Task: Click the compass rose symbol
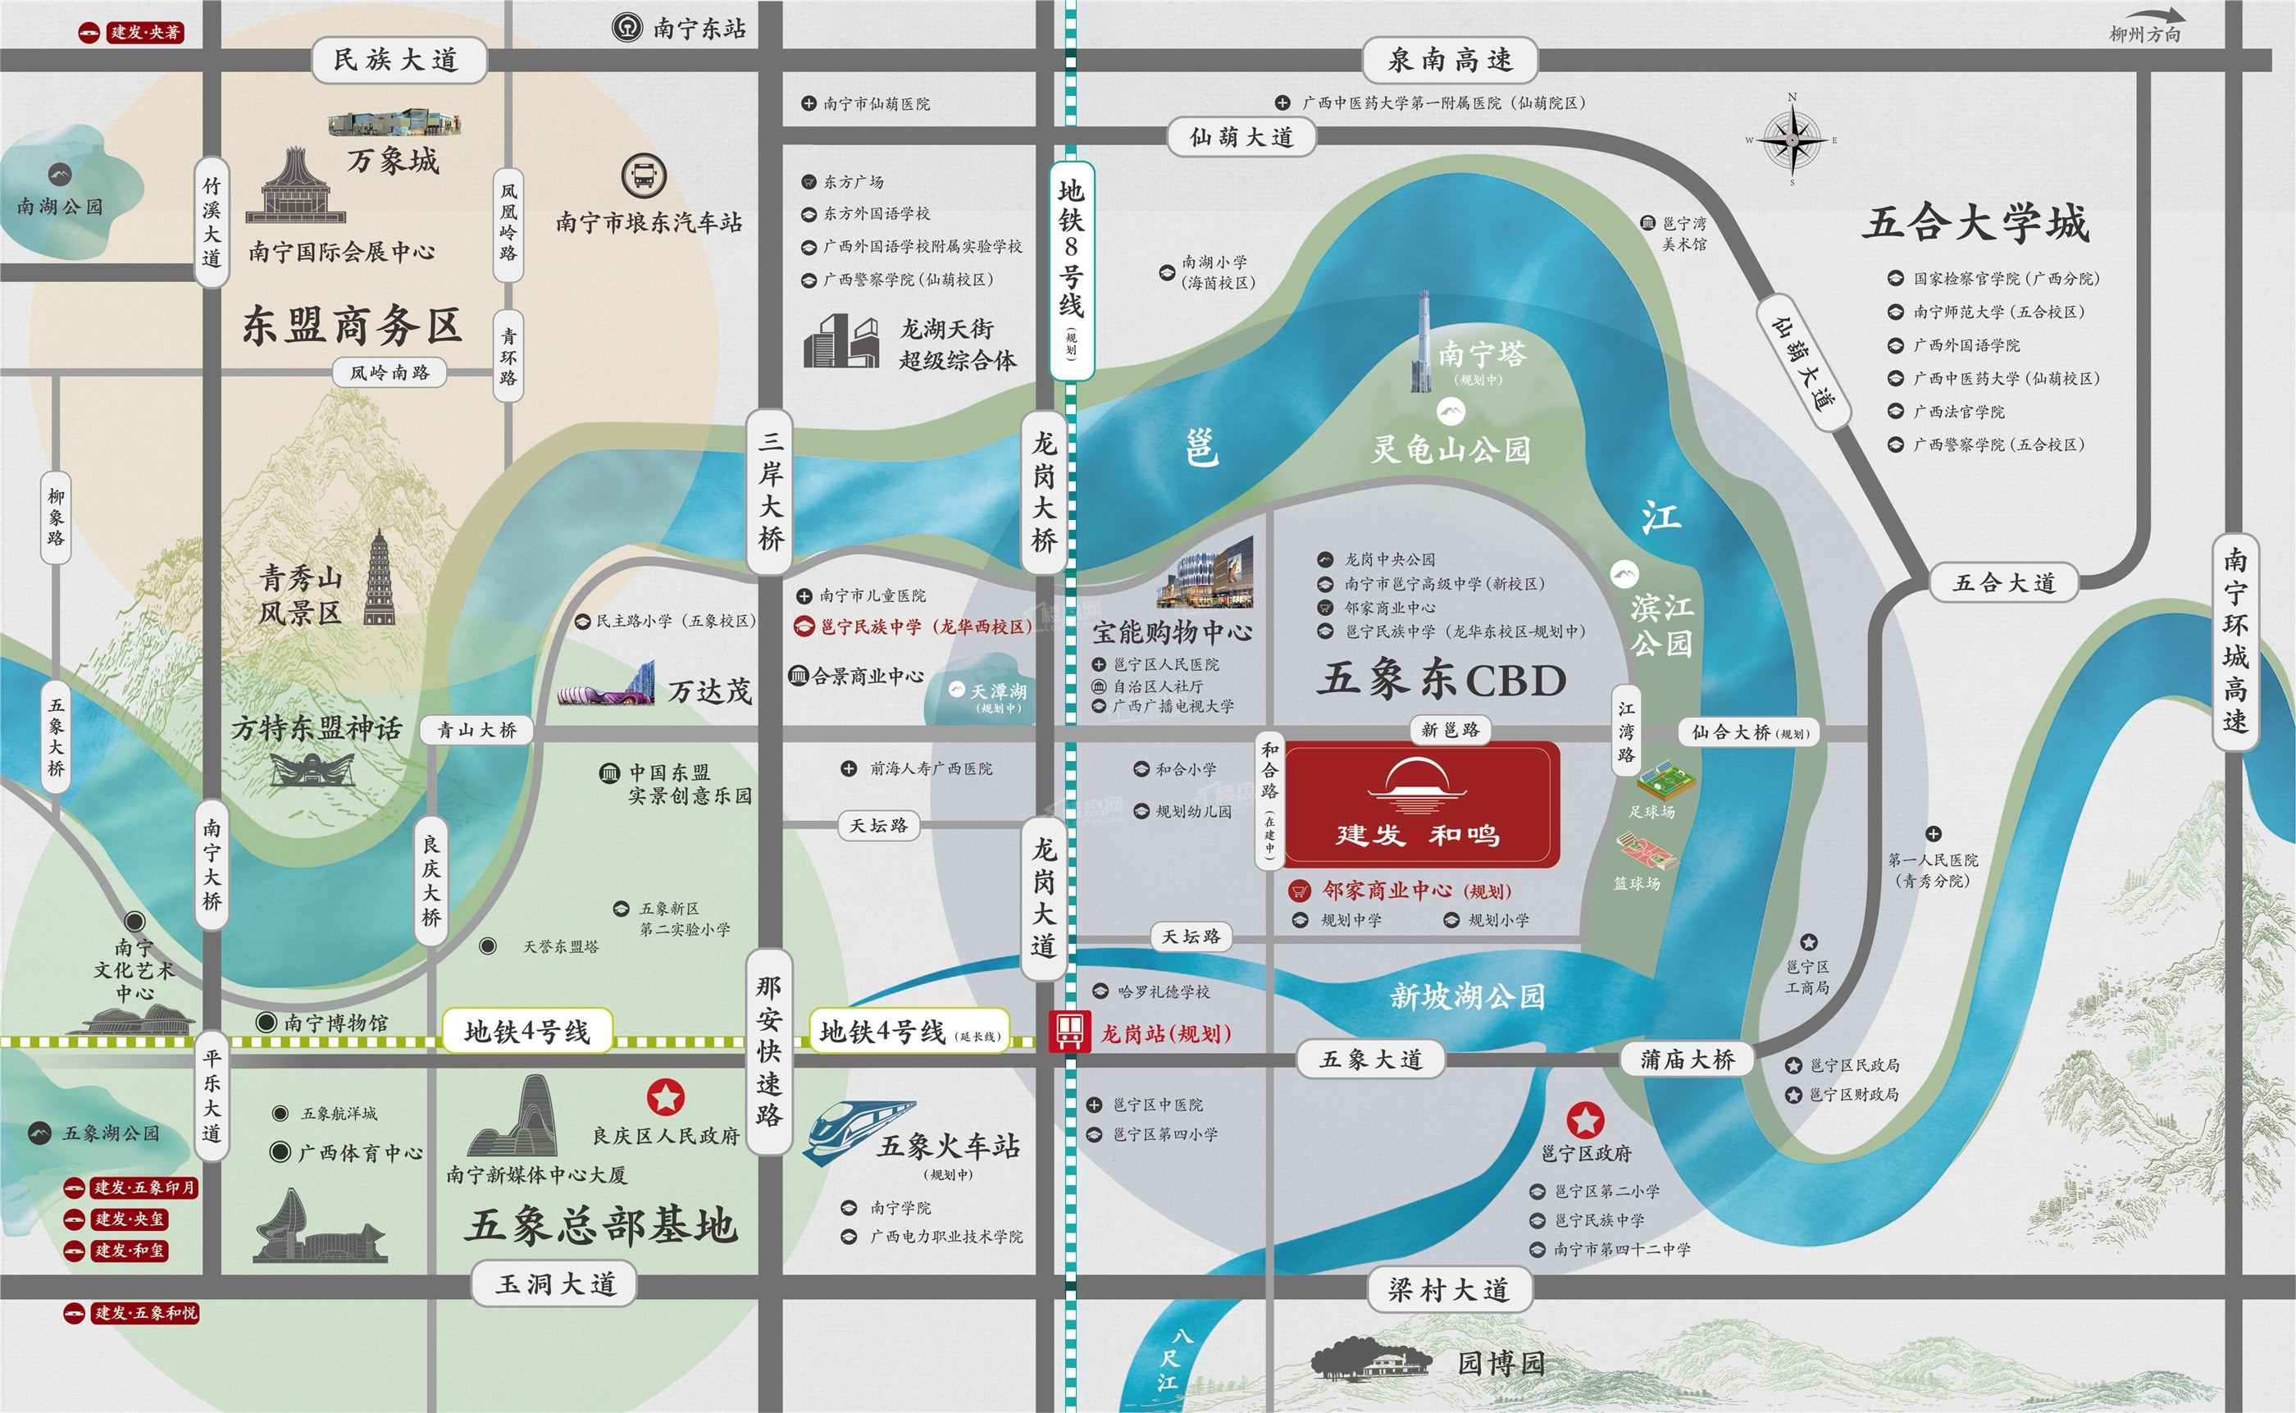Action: (1792, 140)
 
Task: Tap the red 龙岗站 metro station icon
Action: (1069, 1032)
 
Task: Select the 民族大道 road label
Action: (396, 61)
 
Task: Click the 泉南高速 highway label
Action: (1450, 61)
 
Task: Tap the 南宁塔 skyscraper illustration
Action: (1422, 341)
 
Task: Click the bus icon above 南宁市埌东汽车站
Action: (644, 175)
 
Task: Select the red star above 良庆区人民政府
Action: (665, 1097)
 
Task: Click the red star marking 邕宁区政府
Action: (1585, 1119)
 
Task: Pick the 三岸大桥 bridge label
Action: (770, 490)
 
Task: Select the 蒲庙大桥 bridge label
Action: (1687, 1060)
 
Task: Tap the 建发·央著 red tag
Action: (132, 33)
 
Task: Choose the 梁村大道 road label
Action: (1447, 1291)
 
